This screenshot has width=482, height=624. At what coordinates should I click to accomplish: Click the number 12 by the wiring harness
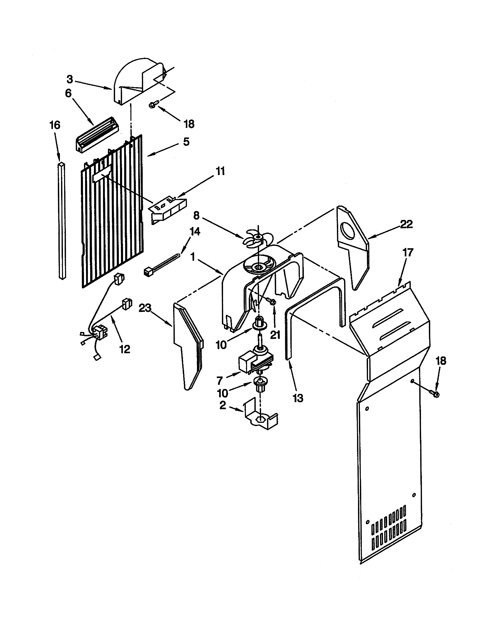pos(125,349)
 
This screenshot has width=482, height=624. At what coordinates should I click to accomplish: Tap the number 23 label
pos(145,309)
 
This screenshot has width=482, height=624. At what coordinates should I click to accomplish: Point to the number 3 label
pos(70,79)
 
